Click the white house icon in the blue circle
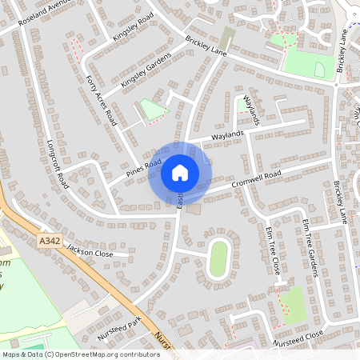180,172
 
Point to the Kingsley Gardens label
146,70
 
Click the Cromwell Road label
256,177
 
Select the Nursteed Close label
298,338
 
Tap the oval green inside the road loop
218,258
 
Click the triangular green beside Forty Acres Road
152,109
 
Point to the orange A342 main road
96,272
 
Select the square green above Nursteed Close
293,304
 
